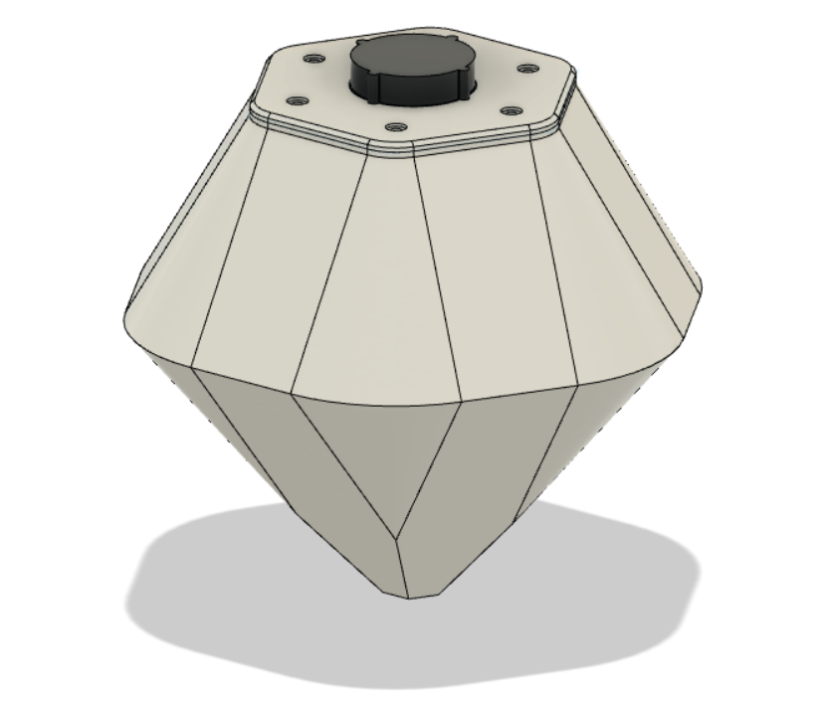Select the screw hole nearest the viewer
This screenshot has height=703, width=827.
point(395,128)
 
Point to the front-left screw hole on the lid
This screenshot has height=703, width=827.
point(297,100)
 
